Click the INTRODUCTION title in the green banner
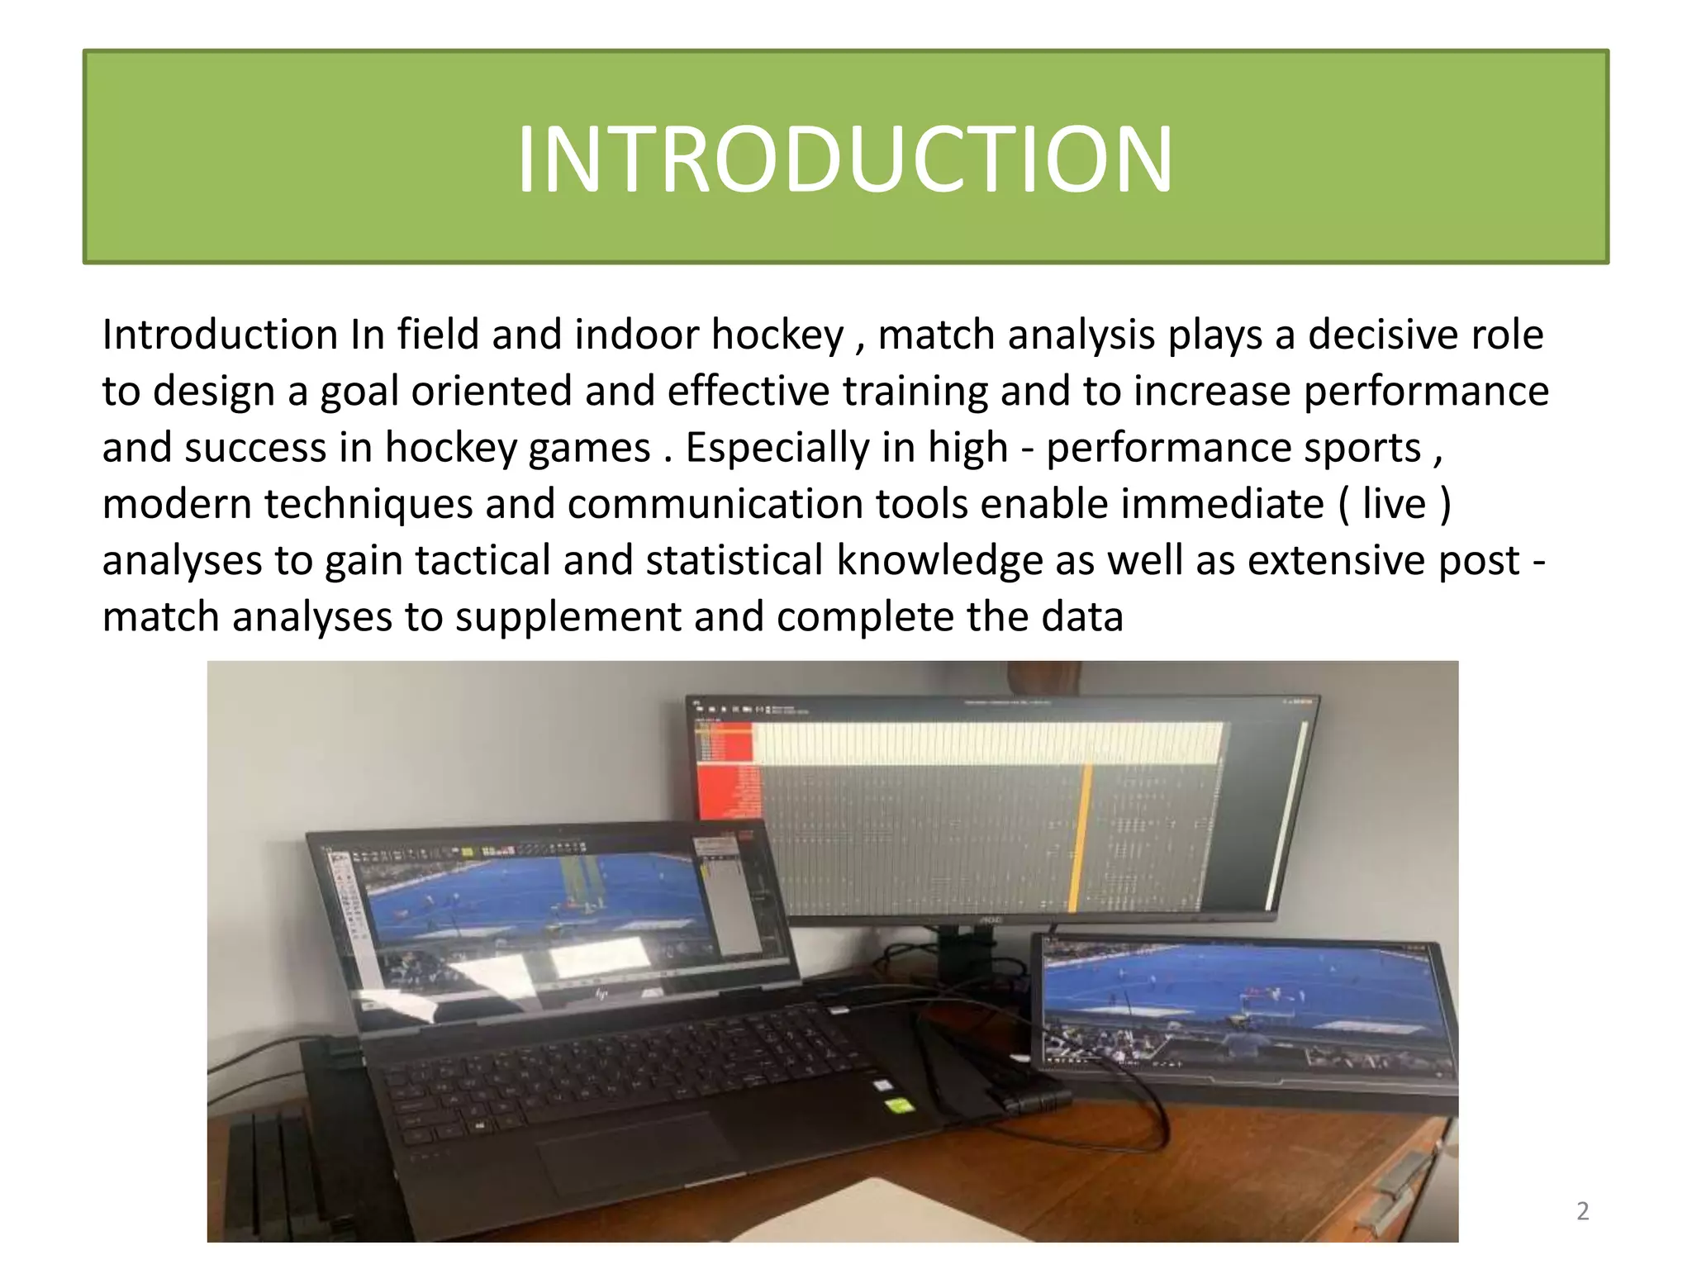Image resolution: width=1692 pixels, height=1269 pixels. tap(844, 159)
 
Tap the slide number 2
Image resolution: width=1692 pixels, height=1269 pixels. tap(1582, 1210)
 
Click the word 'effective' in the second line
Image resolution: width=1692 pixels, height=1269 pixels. tap(748, 391)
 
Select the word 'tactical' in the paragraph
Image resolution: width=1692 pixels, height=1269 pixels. tap(482, 560)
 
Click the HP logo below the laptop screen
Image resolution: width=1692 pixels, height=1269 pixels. tap(601, 994)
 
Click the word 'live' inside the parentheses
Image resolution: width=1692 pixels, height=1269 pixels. tap(1394, 504)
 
